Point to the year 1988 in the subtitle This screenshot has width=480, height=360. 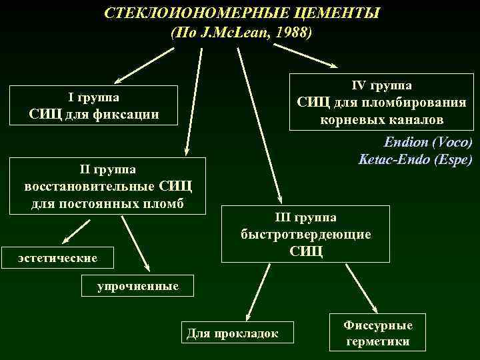pos(291,32)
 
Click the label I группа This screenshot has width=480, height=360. pos(94,97)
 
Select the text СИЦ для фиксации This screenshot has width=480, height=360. pos(94,113)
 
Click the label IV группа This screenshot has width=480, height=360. pos(381,85)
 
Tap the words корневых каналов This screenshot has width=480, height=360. pos(381,120)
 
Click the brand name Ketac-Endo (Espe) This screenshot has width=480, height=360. pos(415,160)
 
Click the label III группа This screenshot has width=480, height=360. pos(306,217)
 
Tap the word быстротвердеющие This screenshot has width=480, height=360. pos(306,234)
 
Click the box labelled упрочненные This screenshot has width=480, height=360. pos(138,286)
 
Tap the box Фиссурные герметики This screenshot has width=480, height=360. pos(378,334)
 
